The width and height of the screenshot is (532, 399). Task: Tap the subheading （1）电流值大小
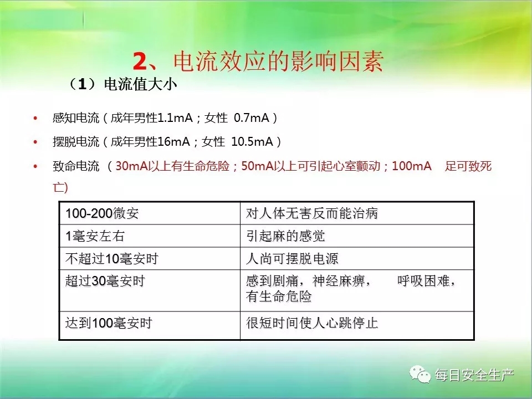click(122, 84)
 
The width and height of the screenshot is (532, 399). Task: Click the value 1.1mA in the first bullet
click(175, 117)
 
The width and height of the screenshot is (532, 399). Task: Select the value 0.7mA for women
click(252, 117)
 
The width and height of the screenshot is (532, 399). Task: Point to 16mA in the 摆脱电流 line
click(173, 141)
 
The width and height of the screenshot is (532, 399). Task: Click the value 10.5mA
click(252, 141)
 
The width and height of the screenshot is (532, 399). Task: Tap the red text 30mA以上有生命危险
click(172, 166)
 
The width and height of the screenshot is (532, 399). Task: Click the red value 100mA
click(412, 166)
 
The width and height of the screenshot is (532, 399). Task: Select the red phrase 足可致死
click(468, 166)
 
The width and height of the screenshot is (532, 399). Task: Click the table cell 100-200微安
click(102, 213)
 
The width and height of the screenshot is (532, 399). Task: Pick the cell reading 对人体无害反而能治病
click(312, 213)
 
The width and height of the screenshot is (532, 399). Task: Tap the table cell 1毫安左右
click(95, 236)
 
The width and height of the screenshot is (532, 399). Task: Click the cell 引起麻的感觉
click(285, 236)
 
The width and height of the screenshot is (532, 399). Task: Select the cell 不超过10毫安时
click(112, 259)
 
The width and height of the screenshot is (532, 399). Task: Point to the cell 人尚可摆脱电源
click(292, 259)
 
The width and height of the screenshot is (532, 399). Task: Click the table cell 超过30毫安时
click(105, 281)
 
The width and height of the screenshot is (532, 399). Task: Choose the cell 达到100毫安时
click(109, 323)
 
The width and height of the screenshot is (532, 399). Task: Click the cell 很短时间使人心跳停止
click(312, 323)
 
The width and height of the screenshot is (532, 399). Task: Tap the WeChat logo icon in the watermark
click(420, 374)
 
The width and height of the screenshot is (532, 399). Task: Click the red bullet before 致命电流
click(35, 166)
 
